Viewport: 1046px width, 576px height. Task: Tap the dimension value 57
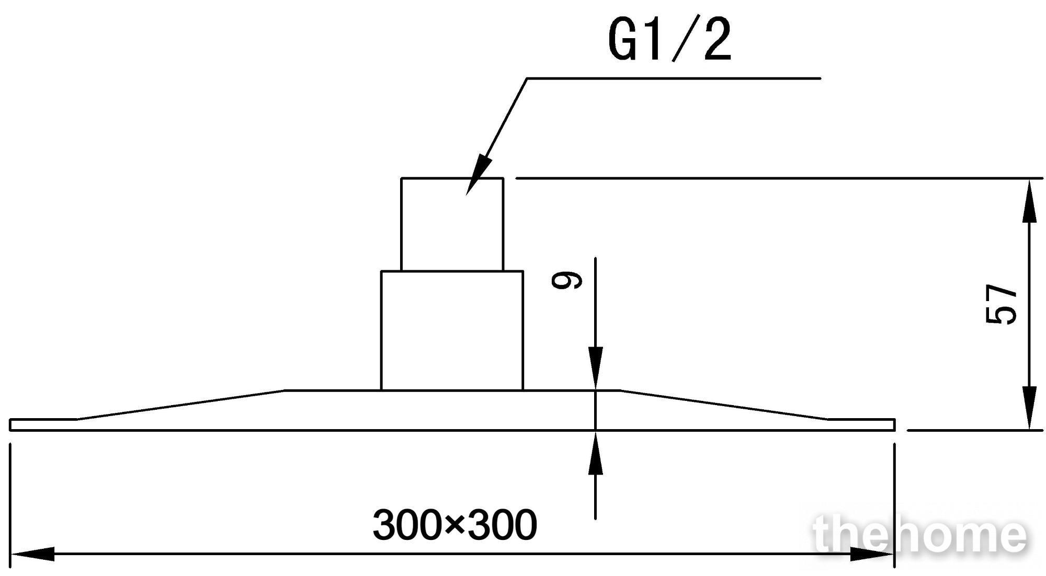point(1000,305)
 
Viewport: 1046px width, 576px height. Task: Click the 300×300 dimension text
point(454,525)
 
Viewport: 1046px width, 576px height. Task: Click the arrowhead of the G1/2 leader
point(478,175)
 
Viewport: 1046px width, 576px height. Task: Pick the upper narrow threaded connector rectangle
point(452,224)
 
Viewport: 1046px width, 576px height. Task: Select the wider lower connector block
point(452,330)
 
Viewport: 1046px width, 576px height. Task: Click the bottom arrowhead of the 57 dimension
point(1029,408)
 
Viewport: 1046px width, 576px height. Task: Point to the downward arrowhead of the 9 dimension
point(595,368)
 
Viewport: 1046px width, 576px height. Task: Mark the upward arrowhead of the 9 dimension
point(595,453)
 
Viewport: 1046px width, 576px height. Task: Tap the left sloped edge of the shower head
point(181,405)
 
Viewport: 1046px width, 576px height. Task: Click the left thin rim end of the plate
point(44,424)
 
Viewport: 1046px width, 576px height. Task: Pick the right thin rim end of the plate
point(861,424)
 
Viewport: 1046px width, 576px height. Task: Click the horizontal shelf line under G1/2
point(674,78)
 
